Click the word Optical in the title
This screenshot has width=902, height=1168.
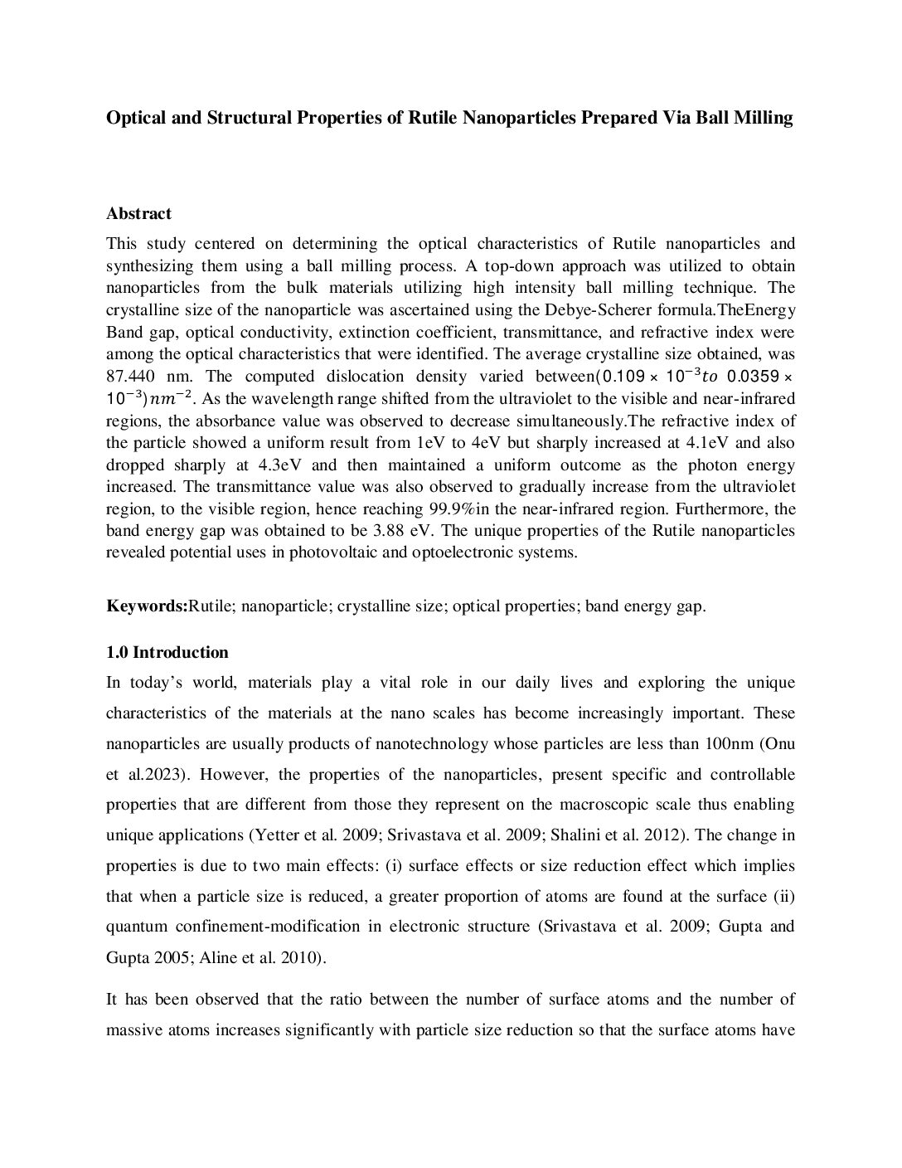coord(137,118)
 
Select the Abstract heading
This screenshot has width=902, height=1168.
coord(138,213)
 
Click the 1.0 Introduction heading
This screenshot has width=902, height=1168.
coord(167,652)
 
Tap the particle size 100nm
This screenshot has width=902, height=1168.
coord(730,743)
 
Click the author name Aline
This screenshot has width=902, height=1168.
coord(219,957)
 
